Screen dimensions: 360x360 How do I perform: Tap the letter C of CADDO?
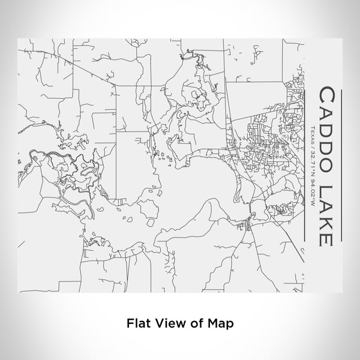tap(327, 96)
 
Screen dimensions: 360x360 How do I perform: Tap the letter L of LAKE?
tap(327, 188)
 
